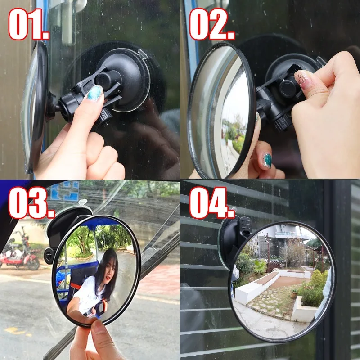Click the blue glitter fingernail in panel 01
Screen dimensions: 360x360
coord(94,93)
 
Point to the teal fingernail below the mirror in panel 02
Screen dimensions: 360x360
coord(267,160)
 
